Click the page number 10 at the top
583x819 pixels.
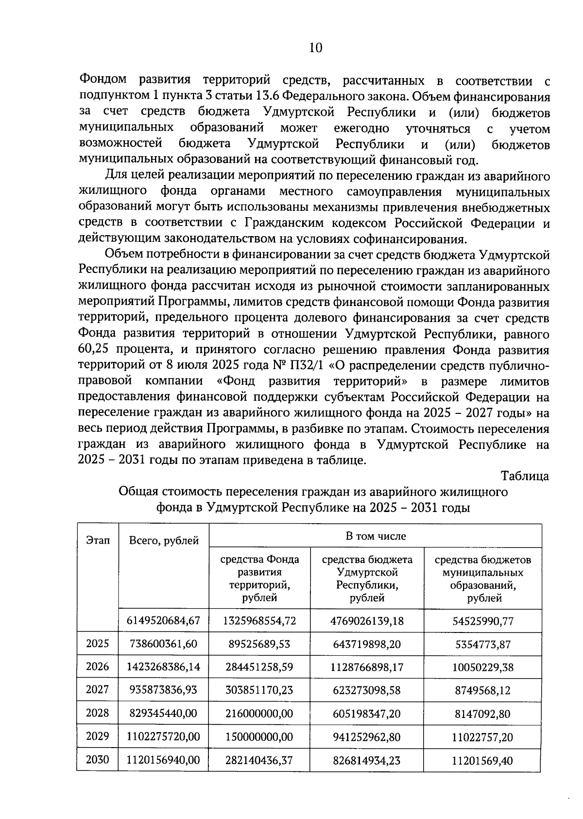click(315, 48)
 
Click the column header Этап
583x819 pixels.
click(98, 540)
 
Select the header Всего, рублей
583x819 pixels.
click(164, 540)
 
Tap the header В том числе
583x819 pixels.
click(376, 536)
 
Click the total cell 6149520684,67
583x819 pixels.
click(163, 620)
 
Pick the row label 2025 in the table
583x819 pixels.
click(98, 644)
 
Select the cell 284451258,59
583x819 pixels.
click(259, 667)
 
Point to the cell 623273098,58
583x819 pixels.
click(367, 690)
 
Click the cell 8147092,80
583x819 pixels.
click(482, 714)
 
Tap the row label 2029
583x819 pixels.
click(98, 736)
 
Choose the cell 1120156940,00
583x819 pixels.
click(163, 760)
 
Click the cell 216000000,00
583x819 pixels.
click(259, 714)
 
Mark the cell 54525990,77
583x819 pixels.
click(482, 621)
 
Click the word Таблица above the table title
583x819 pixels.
click(525, 476)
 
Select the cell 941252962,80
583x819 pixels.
click(367, 737)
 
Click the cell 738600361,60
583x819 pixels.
click(163, 644)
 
